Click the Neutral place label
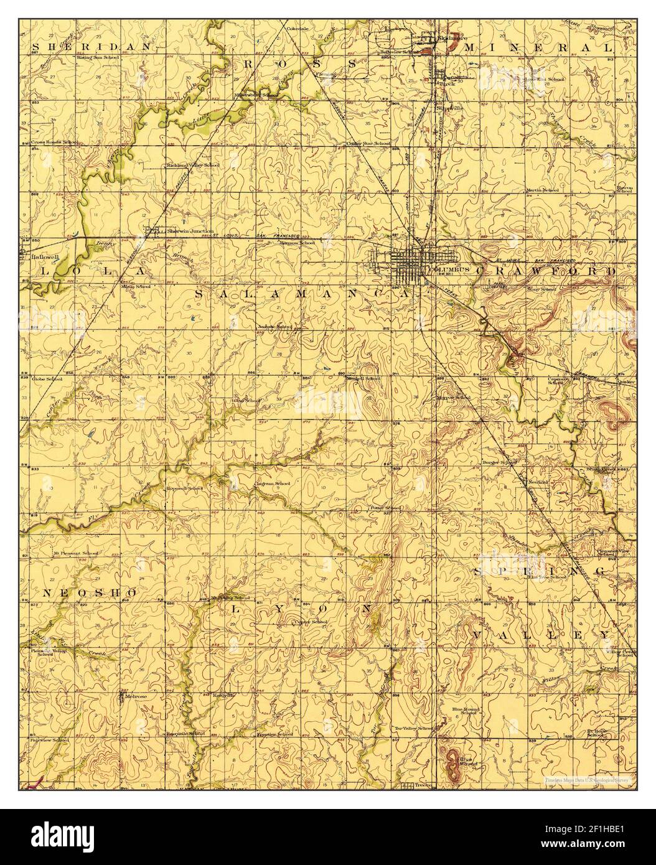tap(538, 482)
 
